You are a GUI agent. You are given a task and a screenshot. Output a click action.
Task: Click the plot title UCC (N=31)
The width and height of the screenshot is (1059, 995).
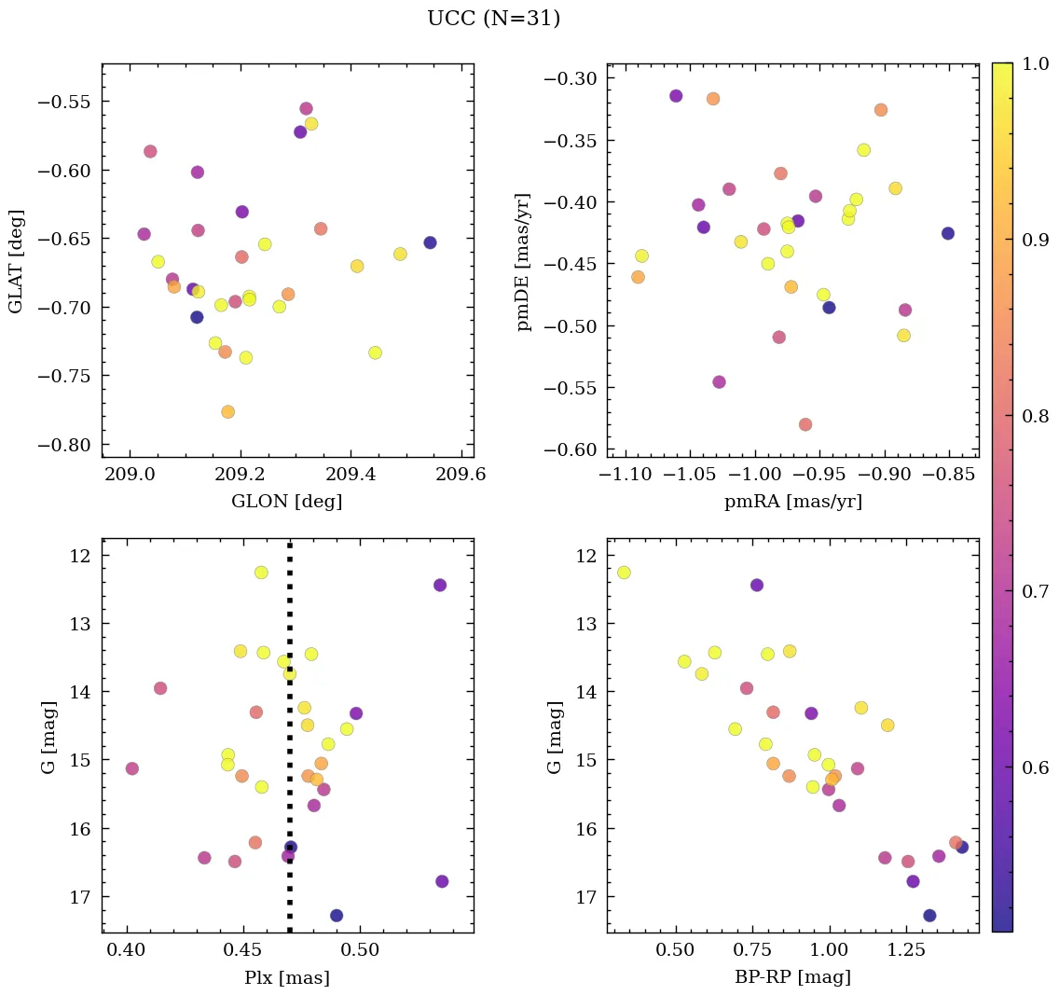click(493, 19)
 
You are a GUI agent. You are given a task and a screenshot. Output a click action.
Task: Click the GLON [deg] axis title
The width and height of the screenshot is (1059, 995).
click(286, 502)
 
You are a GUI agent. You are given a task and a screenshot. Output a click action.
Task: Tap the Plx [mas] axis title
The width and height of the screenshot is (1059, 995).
click(286, 978)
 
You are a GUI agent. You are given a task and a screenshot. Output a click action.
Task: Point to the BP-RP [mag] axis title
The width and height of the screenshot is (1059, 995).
click(791, 978)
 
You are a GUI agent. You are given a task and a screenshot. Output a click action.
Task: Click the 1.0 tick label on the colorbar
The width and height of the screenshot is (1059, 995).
click(1035, 64)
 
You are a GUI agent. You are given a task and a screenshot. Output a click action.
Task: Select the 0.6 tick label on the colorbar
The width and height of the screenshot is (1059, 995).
click(1035, 767)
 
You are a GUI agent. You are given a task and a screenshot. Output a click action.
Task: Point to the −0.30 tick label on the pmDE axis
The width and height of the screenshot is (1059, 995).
click(571, 79)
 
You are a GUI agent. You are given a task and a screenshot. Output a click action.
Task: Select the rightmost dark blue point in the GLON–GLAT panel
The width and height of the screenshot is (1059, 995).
click(430, 242)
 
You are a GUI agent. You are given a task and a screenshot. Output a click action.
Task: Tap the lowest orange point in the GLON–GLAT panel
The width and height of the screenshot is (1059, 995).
click(227, 412)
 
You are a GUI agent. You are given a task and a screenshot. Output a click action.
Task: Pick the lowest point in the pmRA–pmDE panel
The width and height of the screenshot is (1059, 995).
click(805, 425)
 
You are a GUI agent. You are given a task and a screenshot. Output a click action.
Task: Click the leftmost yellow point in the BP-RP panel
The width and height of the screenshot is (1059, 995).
click(624, 573)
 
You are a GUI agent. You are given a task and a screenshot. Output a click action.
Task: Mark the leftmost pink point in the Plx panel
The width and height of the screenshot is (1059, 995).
click(132, 768)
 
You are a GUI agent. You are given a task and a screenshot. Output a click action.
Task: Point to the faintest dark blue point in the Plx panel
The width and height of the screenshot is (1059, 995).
click(337, 916)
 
